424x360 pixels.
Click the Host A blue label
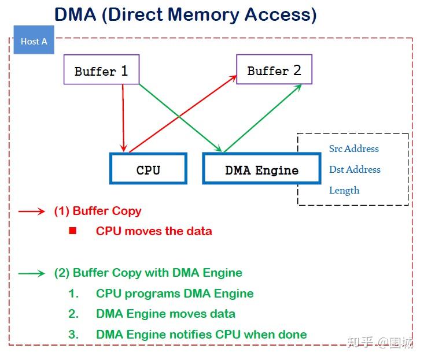34,41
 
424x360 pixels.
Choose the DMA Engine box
261,169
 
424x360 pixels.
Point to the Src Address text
353,149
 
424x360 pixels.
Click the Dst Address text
355,169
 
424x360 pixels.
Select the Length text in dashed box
344,190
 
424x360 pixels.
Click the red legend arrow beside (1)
31,211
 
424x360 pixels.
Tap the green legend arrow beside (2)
31,273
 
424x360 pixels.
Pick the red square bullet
72,231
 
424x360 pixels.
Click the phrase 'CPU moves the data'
154,231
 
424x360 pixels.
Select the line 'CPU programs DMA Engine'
175,294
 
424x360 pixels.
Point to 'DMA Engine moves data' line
165,314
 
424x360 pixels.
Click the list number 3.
73,334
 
